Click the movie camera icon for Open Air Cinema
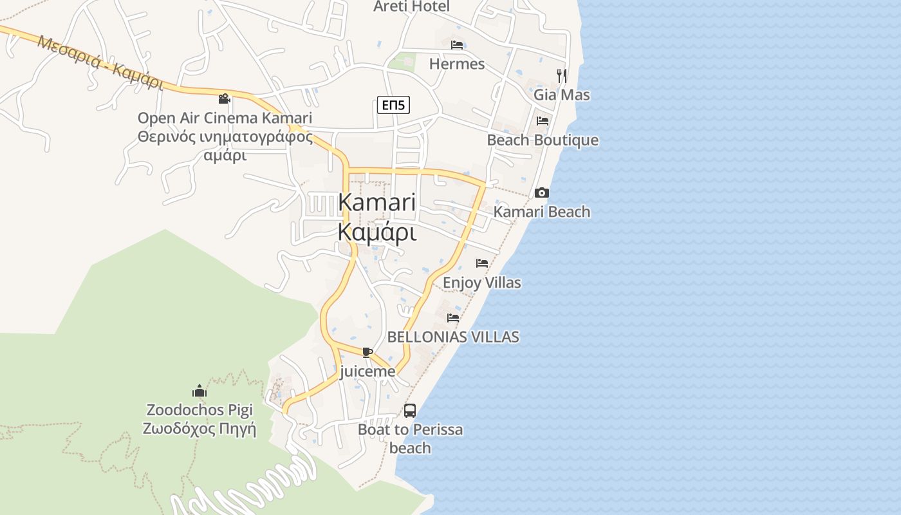224,99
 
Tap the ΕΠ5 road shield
393,105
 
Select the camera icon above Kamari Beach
542,192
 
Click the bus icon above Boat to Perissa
410,410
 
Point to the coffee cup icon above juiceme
367,351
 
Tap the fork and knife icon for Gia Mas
562,75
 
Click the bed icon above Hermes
457,45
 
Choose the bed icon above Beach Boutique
543,120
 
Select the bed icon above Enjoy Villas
482,263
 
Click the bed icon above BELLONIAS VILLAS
453,317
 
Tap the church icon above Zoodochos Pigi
200,391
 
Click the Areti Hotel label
412,6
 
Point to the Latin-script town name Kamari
377,202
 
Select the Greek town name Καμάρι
377,232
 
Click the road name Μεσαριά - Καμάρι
100,62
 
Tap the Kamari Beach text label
542,212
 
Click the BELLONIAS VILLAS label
453,337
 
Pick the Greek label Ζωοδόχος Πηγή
200,429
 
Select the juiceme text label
367,371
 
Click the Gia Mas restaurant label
562,95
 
